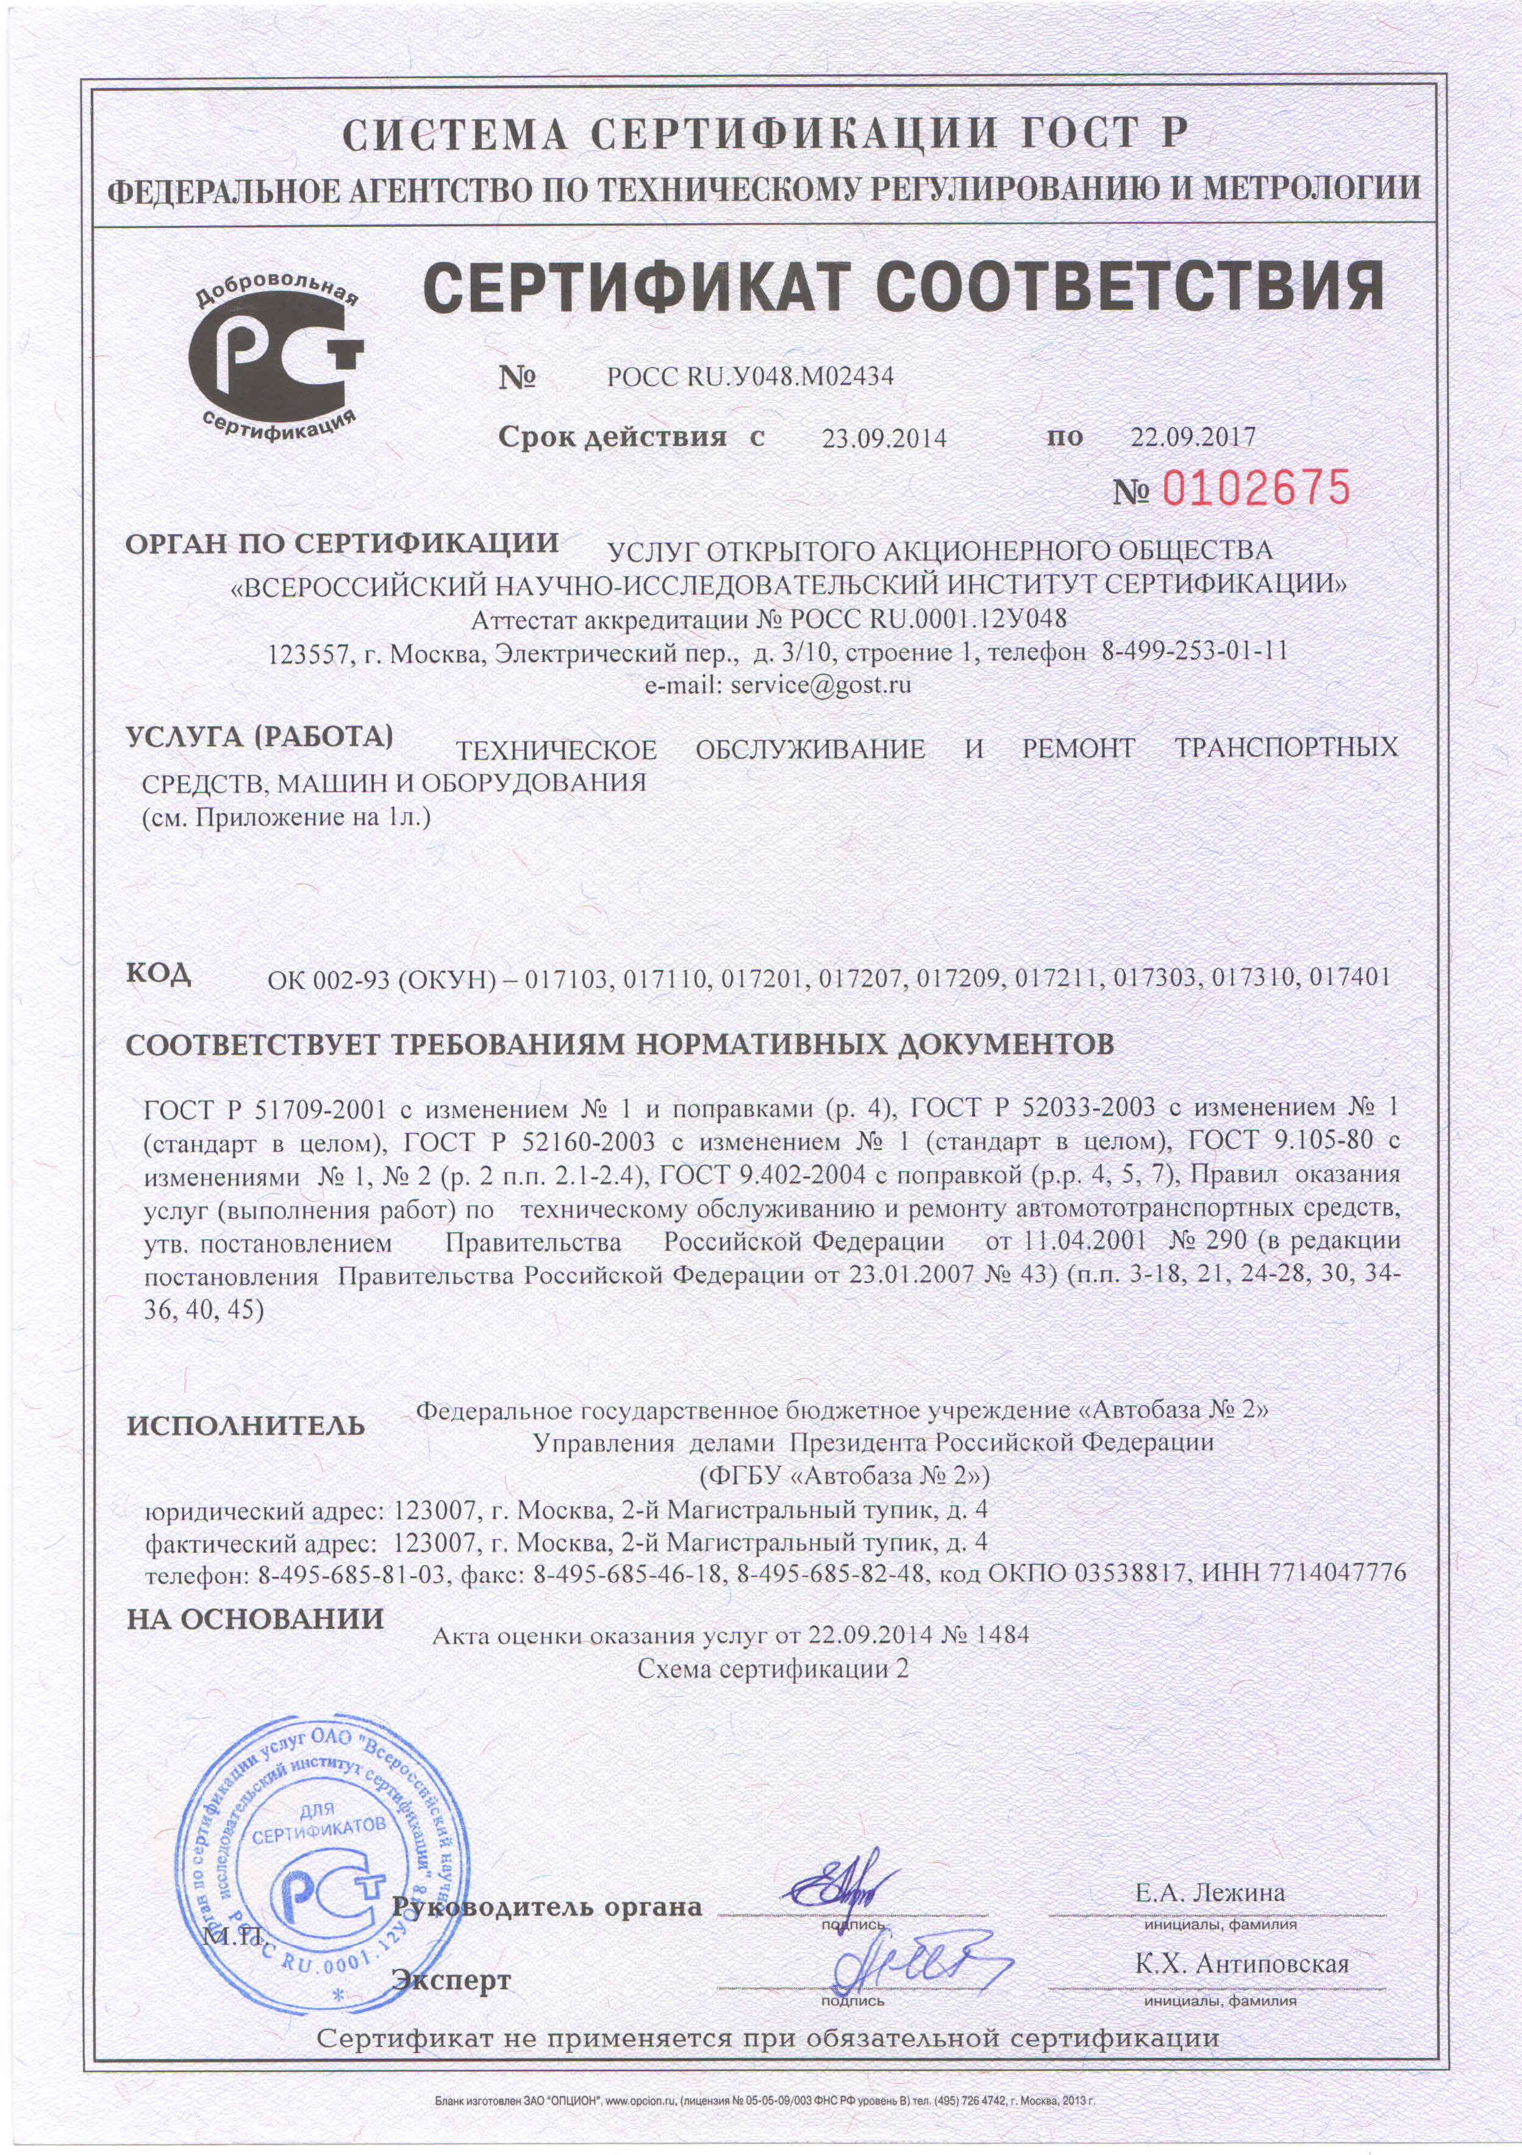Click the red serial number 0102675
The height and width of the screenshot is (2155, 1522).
[x=1257, y=488]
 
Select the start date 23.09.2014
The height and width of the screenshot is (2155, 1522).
[x=884, y=437]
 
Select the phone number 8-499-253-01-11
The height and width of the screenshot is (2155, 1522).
[x=1192, y=651]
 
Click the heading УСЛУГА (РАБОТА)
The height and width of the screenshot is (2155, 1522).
[x=259, y=737]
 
